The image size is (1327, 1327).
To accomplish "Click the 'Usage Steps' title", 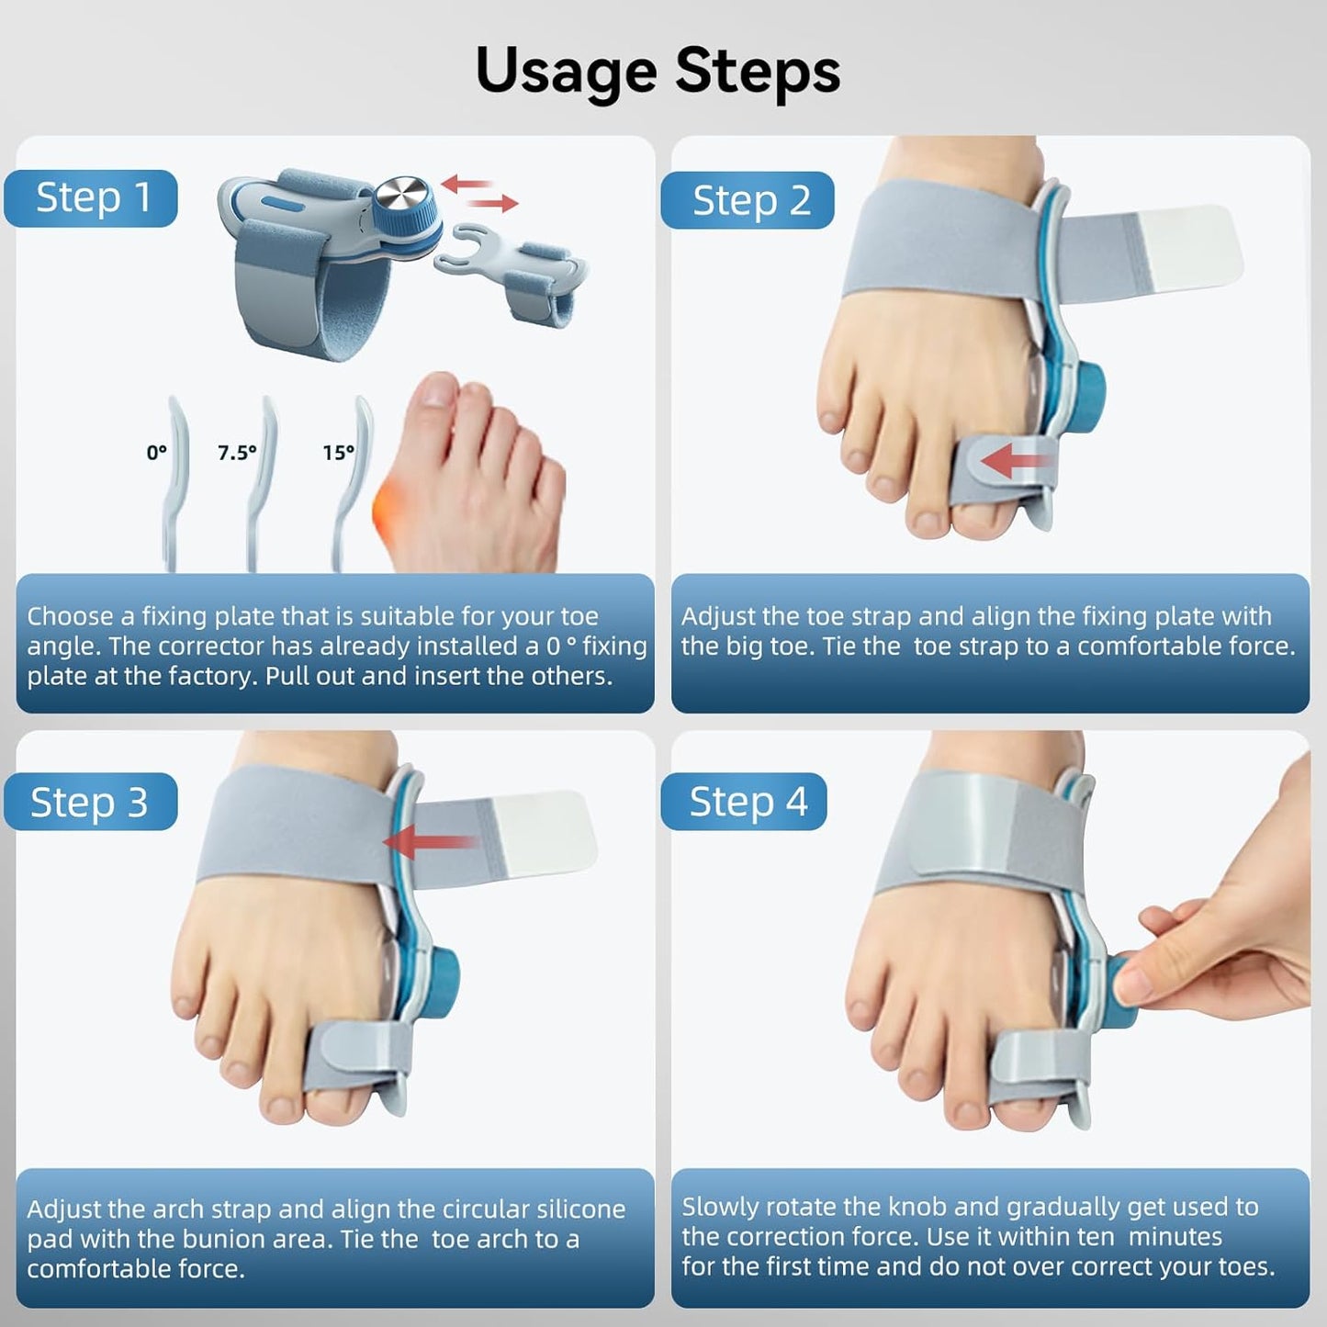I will pos(658,72).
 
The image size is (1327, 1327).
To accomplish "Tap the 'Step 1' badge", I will pos(92,198).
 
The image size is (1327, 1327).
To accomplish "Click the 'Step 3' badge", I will pos(89,802).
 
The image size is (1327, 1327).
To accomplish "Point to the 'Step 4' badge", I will pos(748,802).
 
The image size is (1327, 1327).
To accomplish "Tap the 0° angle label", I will pos(156,453).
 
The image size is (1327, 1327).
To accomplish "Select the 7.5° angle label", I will pos(237,453).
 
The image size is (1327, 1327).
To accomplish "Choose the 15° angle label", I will pos(338,453).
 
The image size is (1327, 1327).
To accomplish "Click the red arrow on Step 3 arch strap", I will pos(428,841).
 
